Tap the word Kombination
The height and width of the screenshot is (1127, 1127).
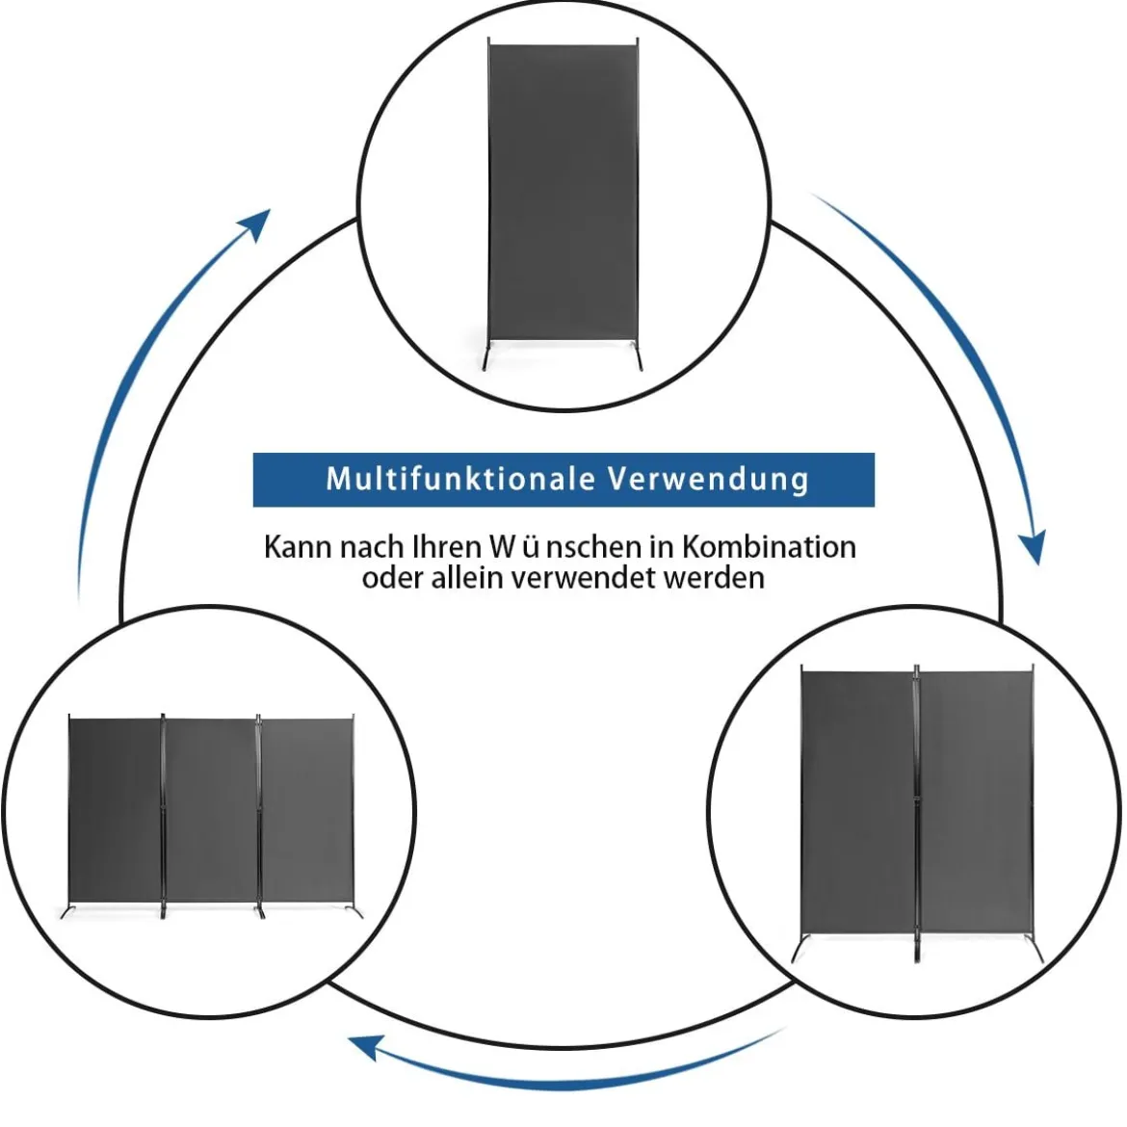tap(769, 547)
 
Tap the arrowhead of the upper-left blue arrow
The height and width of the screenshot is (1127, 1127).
tap(255, 223)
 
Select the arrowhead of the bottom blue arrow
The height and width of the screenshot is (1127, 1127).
tap(364, 1047)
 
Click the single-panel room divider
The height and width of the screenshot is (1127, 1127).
tap(563, 205)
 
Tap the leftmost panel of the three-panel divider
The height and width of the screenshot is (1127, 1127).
tap(115, 810)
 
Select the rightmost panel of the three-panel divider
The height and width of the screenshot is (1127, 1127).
tap(307, 811)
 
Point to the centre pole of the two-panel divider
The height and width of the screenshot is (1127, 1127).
tap(917, 812)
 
